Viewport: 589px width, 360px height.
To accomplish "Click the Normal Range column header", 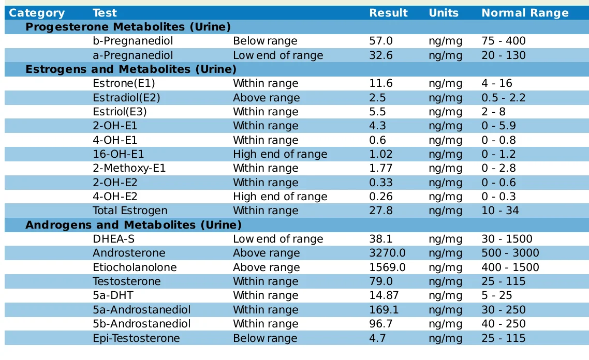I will [x=525, y=13].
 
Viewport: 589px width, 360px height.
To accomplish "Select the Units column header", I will [x=444, y=13].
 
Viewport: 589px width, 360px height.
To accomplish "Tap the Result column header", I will [x=388, y=13].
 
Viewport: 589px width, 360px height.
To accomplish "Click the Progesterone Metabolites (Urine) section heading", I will [x=128, y=27].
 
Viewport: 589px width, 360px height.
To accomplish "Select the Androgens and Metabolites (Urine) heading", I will [x=134, y=225].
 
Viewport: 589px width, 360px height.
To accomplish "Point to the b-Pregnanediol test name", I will [x=132, y=41].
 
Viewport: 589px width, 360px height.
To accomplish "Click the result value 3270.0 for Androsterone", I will [x=387, y=253].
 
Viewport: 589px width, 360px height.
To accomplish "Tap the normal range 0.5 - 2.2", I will [x=504, y=98].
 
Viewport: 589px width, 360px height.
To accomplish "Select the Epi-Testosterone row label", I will [x=136, y=338].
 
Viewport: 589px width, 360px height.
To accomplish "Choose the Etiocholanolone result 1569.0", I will [x=387, y=267].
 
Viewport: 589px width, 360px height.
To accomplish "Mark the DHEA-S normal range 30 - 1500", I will [x=507, y=239].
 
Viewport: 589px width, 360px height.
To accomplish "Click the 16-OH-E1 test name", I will [x=119, y=154].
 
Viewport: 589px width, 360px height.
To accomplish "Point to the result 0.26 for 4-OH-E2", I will [x=380, y=197].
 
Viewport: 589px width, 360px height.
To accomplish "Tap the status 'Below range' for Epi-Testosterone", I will [x=265, y=338].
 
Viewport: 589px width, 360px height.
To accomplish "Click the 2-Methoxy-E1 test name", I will [x=130, y=168].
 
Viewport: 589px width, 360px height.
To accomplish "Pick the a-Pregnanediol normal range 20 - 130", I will [x=503, y=55].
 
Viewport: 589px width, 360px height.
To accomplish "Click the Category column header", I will [x=37, y=13].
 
